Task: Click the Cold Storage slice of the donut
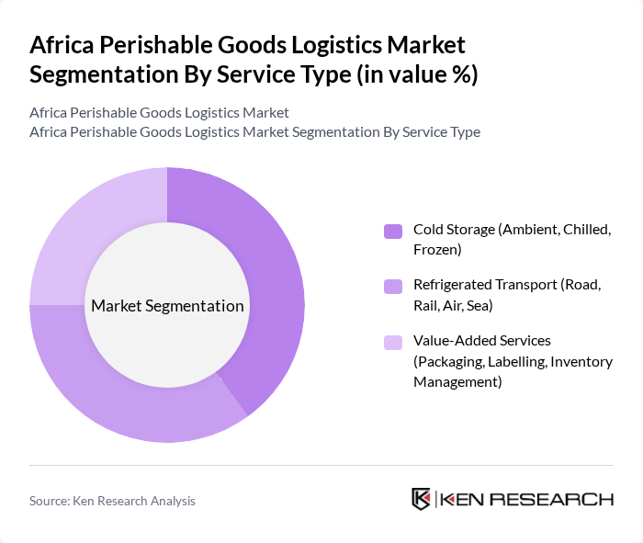[266, 276]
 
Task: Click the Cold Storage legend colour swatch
[393, 231]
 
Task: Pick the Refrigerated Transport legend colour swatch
[393, 287]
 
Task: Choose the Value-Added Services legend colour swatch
[393, 343]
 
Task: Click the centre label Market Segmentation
[167, 306]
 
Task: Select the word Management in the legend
[457, 380]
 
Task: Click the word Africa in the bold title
[62, 45]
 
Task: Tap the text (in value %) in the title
[413, 74]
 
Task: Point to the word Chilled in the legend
[585, 229]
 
